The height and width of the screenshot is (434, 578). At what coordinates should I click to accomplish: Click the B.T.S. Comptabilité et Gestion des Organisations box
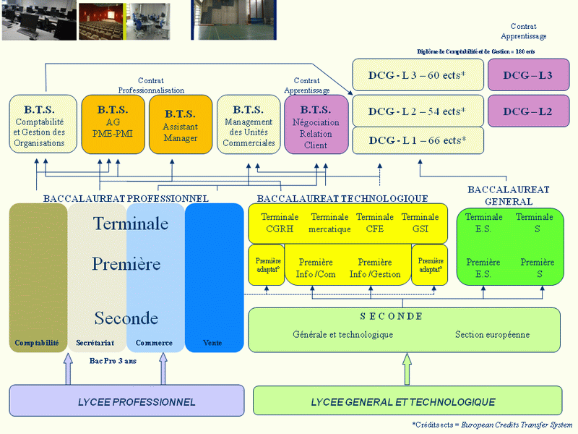(43, 124)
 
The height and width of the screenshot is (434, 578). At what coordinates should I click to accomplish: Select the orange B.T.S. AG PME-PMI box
(113, 124)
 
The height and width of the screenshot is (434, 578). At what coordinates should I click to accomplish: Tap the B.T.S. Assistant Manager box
(180, 124)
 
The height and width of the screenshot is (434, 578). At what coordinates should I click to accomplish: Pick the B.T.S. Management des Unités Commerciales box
(249, 124)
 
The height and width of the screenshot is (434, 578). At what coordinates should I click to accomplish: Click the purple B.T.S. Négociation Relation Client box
(316, 124)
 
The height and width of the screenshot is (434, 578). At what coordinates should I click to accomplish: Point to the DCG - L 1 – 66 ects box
(416, 140)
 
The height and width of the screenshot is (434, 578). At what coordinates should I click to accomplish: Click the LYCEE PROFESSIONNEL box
(126, 401)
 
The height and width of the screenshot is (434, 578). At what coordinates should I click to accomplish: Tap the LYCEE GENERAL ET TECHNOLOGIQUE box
(407, 401)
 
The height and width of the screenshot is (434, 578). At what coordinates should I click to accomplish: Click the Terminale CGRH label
(280, 223)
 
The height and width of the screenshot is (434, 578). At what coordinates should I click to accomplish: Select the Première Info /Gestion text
(375, 268)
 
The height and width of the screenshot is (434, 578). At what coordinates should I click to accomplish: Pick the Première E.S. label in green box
(483, 268)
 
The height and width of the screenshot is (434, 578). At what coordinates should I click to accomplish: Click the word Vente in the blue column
(212, 343)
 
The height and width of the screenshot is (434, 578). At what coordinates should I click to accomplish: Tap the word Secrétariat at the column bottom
(97, 343)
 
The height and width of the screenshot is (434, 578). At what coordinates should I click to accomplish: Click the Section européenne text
(492, 335)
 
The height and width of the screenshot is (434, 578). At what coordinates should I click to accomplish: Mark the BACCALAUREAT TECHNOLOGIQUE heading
(342, 198)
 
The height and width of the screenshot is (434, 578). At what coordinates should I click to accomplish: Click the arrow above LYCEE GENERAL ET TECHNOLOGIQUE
(407, 367)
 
